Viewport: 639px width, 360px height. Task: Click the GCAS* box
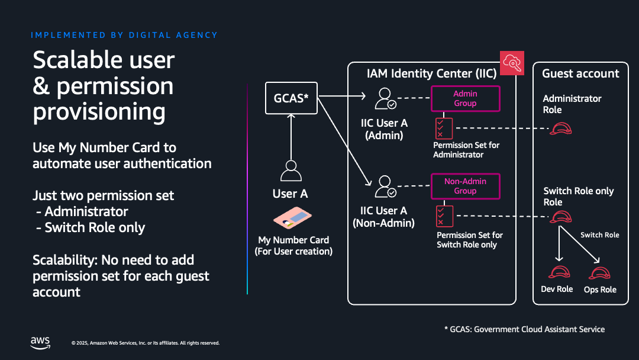coord(291,98)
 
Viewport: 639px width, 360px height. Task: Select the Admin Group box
coord(465,98)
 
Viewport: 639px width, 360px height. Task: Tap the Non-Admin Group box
coord(465,186)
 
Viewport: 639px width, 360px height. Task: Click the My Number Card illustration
coord(293,219)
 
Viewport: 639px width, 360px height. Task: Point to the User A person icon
coord(291,171)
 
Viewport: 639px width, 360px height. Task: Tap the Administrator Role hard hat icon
coord(560,128)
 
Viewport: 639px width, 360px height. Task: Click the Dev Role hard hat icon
coord(559,272)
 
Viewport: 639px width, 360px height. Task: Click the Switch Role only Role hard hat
coord(560,217)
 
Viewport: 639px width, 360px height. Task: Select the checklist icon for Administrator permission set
coord(443,128)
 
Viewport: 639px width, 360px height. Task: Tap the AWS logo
coord(40,342)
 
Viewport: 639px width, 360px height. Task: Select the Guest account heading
coord(580,74)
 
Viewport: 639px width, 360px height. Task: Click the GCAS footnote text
coord(524,329)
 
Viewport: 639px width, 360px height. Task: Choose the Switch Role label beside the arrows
coord(599,235)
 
